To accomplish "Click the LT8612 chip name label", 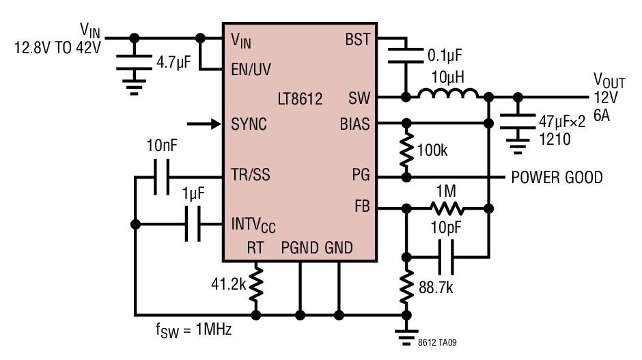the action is point(300,98).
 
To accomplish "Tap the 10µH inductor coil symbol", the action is point(448,94).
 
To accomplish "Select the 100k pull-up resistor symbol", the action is point(406,150).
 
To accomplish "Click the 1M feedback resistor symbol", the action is point(447,208).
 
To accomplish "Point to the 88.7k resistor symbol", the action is point(406,286).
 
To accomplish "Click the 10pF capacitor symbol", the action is point(446,258).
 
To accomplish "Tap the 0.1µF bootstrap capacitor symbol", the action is point(406,56).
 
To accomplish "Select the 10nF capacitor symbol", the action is point(162,177).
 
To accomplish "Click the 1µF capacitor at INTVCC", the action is point(193,224).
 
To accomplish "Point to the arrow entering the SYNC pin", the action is point(204,123).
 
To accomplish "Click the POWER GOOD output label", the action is point(557,178).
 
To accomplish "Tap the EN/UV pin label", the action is point(251,69).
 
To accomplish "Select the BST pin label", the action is point(357,40).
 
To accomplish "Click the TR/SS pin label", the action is point(251,174).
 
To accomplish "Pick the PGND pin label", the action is point(300,248).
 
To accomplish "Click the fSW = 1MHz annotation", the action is point(194,330).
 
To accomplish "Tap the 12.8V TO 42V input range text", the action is point(57,48).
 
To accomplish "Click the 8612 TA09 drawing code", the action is point(437,342).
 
